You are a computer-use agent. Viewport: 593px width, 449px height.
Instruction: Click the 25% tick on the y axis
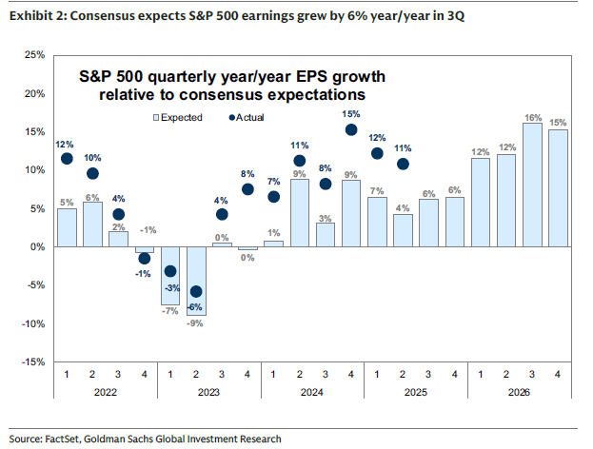(x=32, y=55)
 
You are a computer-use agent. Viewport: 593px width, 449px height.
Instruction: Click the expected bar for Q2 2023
(x=197, y=282)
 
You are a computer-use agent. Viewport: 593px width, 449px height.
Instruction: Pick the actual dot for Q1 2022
(x=67, y=159)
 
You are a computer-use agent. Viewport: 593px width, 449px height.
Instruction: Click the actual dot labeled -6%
(x=197, y=292)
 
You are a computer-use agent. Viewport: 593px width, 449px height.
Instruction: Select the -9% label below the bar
(x=197, y=324)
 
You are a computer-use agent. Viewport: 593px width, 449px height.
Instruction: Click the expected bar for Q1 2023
(x=171, y=275)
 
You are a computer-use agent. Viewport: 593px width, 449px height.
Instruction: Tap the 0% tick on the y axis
(x=35, y=246)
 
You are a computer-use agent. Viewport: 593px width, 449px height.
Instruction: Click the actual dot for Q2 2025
(x=403, y=164)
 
